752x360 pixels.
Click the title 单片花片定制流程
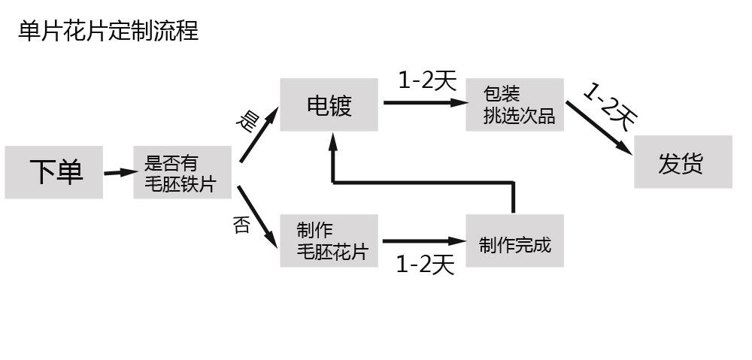point(108,32)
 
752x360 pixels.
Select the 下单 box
point(54,172)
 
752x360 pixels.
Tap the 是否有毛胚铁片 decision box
point(182,173)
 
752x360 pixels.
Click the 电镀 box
point(329,105)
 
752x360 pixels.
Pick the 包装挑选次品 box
point(514,105)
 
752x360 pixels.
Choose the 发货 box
point(682,162)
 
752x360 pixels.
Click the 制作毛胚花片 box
point(329,241)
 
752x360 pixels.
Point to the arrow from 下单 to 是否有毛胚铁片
point(118,173)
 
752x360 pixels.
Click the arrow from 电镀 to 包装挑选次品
point(425,102)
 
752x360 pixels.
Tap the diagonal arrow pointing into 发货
point(599,127)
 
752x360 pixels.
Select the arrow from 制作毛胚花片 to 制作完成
point(425,241)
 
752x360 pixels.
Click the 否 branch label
point(241,224)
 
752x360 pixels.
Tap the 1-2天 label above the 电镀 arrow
point(426,80)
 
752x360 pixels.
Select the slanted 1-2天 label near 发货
point(610,105)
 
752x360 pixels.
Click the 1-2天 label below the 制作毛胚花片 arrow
point(425,264)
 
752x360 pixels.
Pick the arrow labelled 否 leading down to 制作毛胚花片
point(257,213)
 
